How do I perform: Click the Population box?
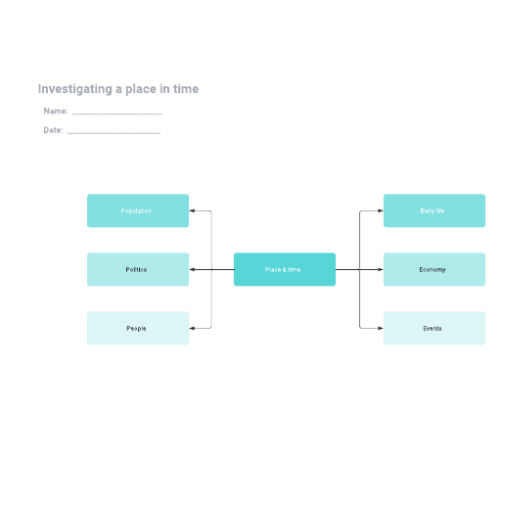138,210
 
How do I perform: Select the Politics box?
138,269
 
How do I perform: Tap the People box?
138,328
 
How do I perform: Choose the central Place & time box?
285,269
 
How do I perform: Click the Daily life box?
435,210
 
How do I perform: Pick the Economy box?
435,269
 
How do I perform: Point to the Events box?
435,328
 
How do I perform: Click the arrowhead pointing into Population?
192,210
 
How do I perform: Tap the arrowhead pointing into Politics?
192,269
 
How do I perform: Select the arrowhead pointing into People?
192,328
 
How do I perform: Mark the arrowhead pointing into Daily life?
381,210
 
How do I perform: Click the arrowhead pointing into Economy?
381,269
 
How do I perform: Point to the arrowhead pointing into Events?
381,328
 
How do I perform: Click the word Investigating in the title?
75,89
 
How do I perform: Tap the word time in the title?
186,89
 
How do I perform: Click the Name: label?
56,111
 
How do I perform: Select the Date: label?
53,130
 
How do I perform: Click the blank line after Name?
116,114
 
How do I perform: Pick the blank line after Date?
114,133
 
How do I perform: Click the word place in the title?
141,89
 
